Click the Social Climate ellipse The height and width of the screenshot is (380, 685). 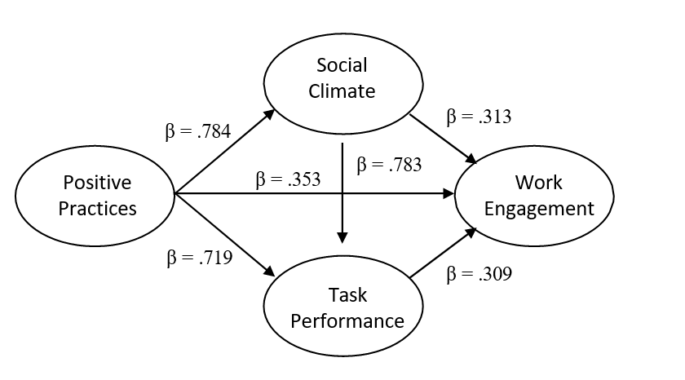click(342, 77)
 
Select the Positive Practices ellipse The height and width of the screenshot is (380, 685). click(95, 195)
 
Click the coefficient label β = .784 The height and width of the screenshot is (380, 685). click(199, 130)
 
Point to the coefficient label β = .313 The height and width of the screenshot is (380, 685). click(479, 117)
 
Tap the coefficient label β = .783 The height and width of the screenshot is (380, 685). click(389, 165)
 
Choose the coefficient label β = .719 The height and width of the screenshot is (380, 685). click(199, 259)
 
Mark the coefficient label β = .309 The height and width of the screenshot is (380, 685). click(479, 275)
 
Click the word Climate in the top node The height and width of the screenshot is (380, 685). click(342, 91)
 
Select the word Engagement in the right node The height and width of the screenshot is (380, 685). click(539, 208)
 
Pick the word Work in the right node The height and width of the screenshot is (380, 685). click(538, 181)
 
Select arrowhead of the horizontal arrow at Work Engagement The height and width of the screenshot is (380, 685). click(448, 194)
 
